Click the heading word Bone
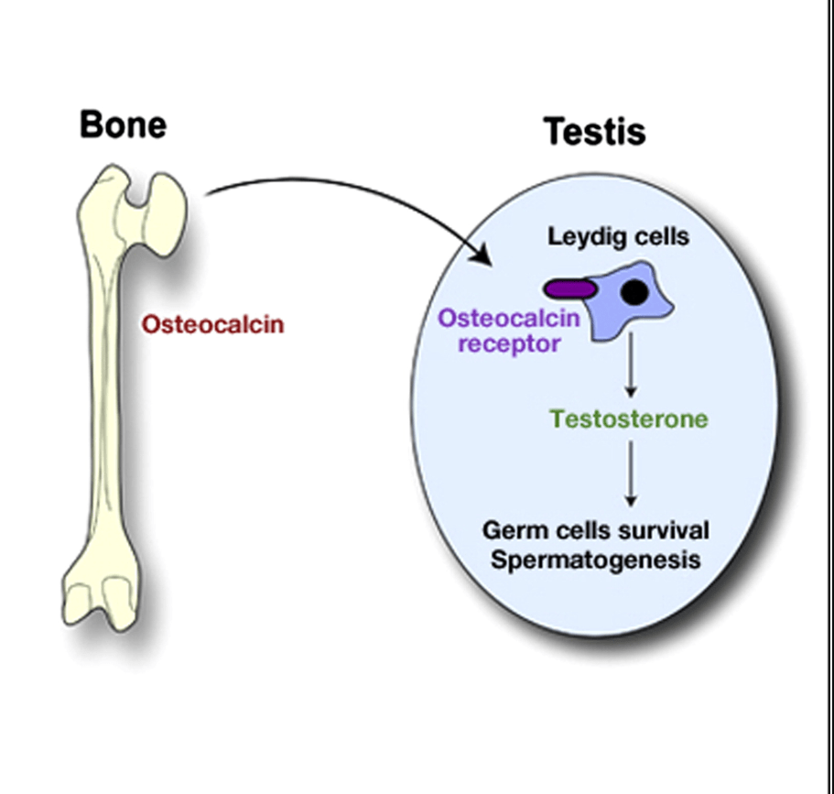pyautogui.click(x=123, y=124)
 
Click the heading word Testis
pyautogui.click(x=595, y=132)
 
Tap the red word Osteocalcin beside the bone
pyautogui.click(x=212, y=325)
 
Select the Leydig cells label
pyautogui.click(x=618, y=236)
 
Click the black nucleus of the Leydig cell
pyautogui.click(x=634, y=292)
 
